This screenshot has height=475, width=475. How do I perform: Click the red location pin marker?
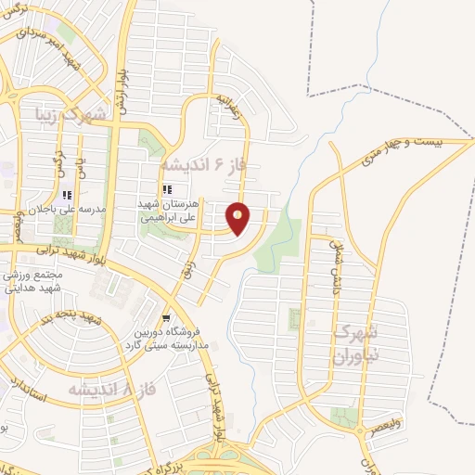click(x=238, y=219)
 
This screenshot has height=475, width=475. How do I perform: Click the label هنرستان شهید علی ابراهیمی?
click(x=171, y=212)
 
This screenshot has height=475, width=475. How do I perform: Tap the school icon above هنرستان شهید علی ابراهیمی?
click(x=167, y=189)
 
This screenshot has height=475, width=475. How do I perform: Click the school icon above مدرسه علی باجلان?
click(x=66, y=196)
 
